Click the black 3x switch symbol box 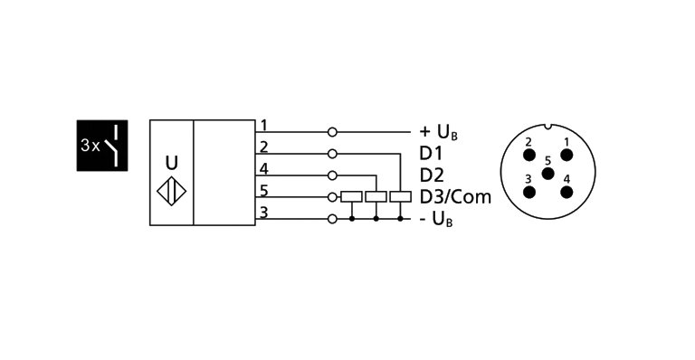[100, 144]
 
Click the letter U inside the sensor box [172, 164]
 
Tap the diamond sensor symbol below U [172, 192]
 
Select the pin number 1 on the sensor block [263, 125]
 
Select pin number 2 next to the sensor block [263, 147]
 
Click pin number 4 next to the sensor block [263, 168]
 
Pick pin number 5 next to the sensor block [263, 190]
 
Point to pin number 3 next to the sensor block [263, 212]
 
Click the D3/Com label [454, 197]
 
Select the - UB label [436, 220]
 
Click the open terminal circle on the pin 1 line [333, 132]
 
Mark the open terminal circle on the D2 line [333, 175]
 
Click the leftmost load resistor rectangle [351, 197]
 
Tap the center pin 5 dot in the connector [547, 172]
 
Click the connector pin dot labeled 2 [528, 154]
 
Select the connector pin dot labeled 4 [566, 191]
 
